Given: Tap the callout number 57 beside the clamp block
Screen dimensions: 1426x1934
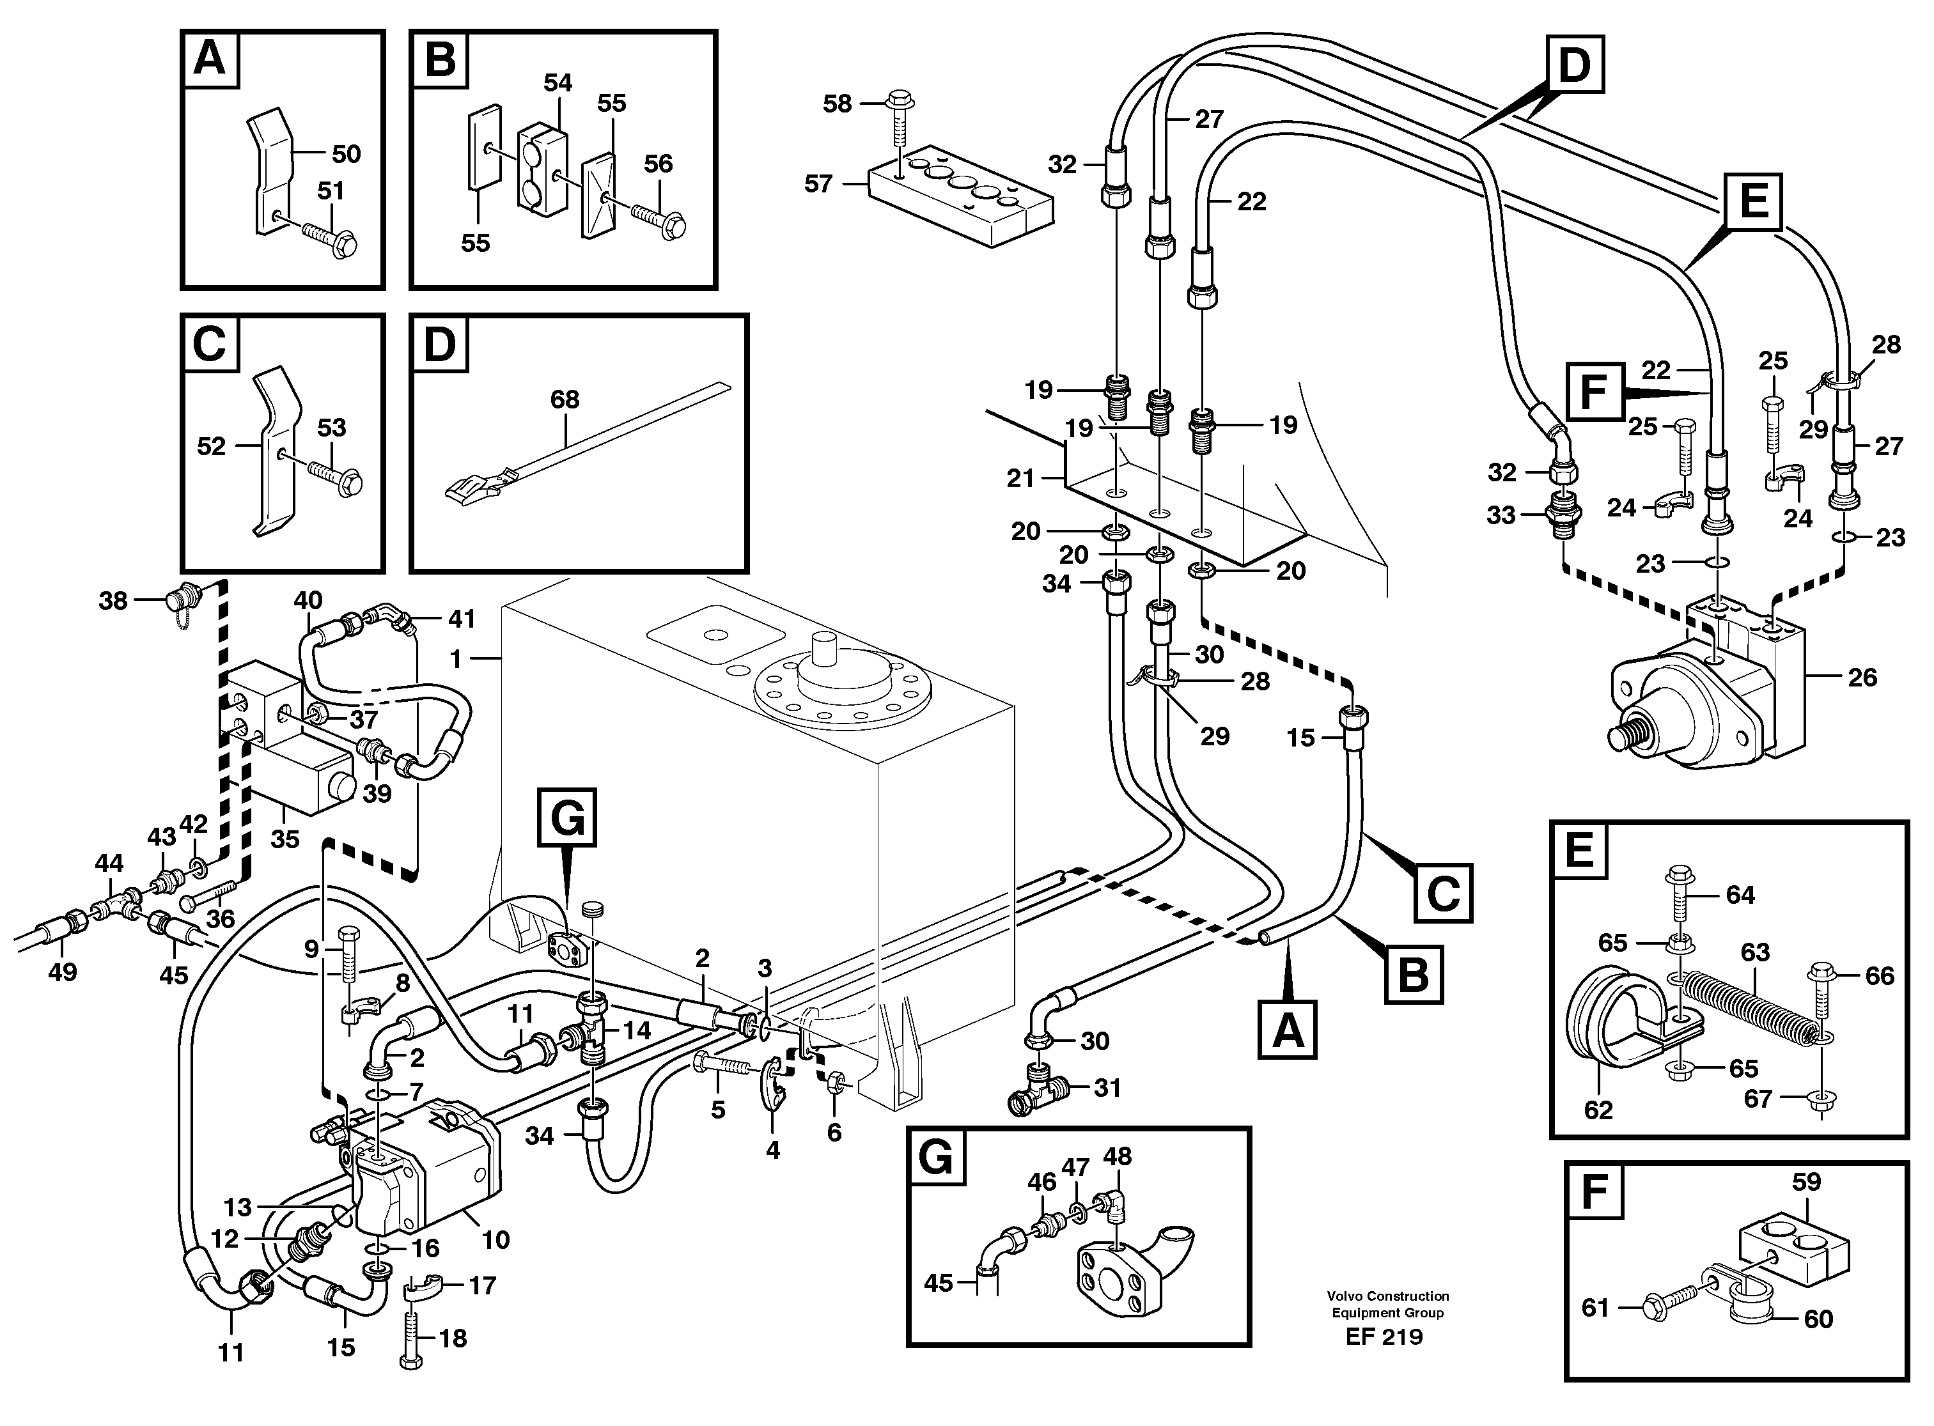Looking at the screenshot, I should coord(818,184).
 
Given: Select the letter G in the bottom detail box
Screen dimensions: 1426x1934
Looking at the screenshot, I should coord(936,1158).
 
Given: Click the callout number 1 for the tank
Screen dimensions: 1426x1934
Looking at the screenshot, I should coord(455,660).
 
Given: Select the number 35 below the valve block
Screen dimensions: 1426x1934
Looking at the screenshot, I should coord(285,839).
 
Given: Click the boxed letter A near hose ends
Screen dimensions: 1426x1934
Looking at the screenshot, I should coord(1288,1030).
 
